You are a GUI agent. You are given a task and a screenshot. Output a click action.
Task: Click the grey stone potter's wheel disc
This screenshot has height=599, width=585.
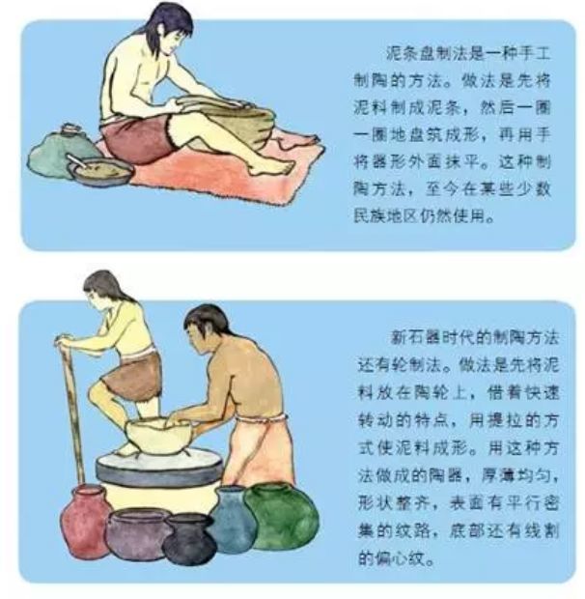coord(158,468)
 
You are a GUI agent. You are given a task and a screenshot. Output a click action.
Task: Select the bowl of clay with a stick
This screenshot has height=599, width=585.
coord(100,170)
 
